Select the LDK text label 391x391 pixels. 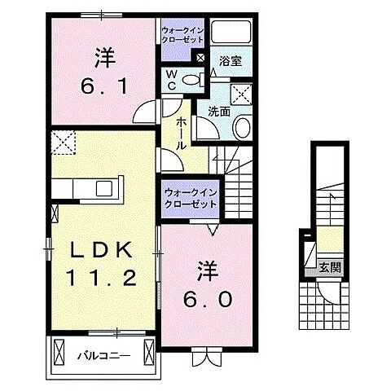(92, 248)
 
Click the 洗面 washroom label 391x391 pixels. (217, 112)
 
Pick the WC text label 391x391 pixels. (172, 78)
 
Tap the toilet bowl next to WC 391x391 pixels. (192, 78)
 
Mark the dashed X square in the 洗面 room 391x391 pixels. (242, 91)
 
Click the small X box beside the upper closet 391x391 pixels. (200, 59)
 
